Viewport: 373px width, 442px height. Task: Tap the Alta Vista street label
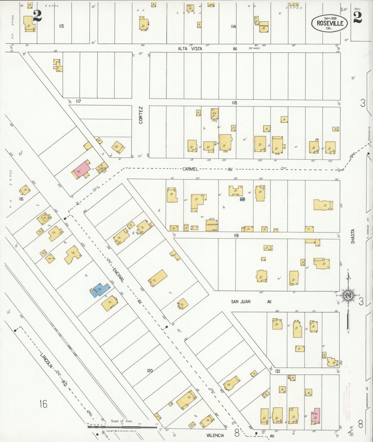[x=190, y=48]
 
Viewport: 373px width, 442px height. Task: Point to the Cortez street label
[x=141, y=115]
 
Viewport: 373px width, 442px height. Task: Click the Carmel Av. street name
[x=191, y=169]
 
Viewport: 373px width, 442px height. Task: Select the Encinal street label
[x=118, y=274]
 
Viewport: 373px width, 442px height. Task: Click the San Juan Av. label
[x=241, y=301]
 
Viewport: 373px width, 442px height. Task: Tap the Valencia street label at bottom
[x=215, y=435]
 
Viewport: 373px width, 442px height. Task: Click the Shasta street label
[x=353, y=236]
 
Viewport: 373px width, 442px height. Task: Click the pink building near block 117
[x=81, y=169]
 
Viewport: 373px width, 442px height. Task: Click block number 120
[x=150, y=371]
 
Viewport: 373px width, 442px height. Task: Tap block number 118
[x=234, y=103]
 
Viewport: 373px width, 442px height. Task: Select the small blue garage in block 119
[x=242, y=199]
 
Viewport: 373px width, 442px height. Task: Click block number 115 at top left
[x=61, y=26]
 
